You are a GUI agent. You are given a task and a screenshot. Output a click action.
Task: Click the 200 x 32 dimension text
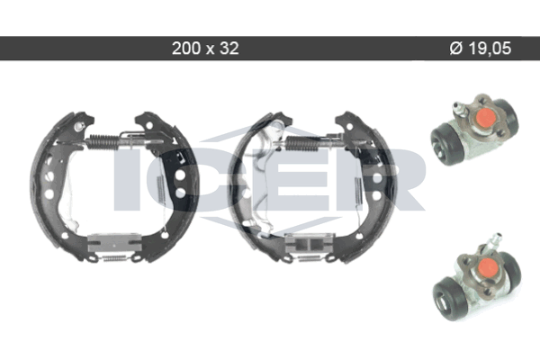coord(205,49)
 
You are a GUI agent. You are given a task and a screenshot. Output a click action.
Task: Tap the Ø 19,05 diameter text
coord(481,49)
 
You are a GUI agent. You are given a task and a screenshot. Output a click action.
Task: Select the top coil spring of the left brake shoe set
coord(102,141)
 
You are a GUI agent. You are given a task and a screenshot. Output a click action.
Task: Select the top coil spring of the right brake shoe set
coord(301,144)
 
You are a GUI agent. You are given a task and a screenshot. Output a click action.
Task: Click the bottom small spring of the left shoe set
coord(114,257)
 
